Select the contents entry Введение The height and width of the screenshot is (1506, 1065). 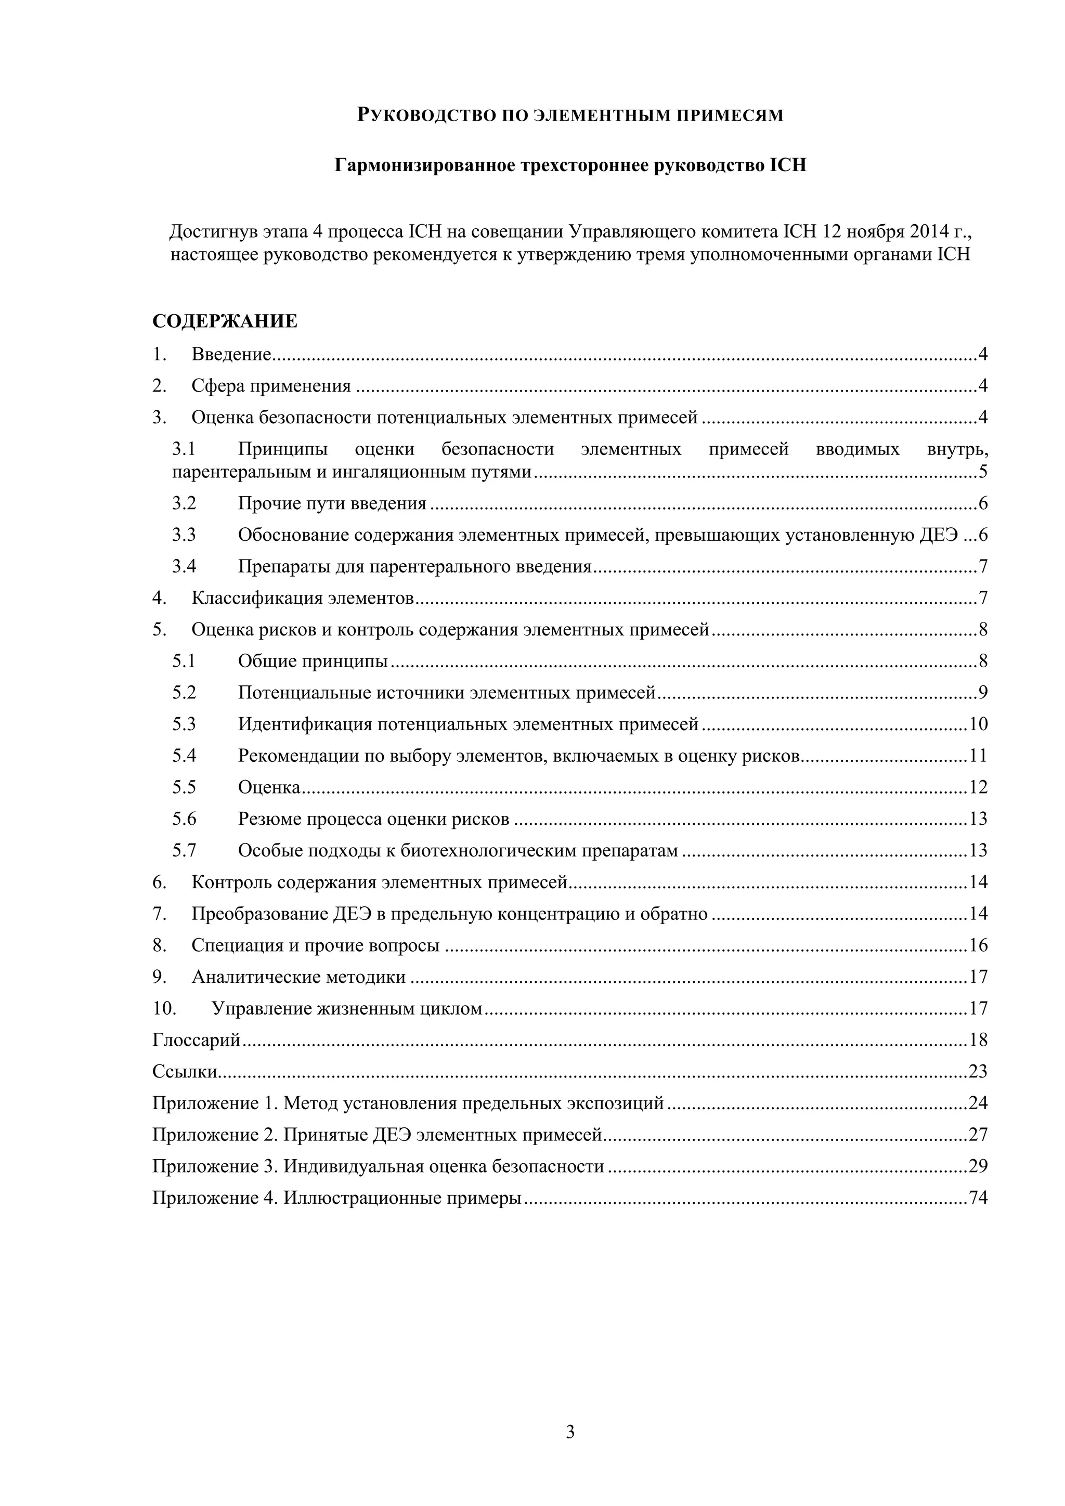click(231, 355)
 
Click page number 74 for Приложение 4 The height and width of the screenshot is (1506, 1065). click(978, 1198)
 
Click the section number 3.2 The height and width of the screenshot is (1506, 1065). click(184, 504)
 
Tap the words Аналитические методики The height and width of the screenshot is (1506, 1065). click(298, 977)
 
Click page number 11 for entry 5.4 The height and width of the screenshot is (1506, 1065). click(978, 756)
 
